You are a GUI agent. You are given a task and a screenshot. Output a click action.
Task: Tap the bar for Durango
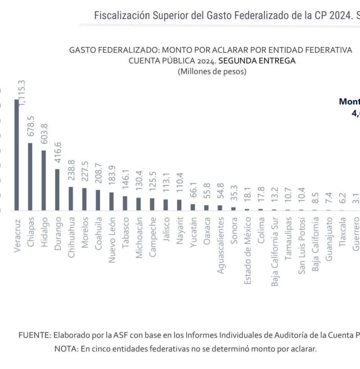(57, 190)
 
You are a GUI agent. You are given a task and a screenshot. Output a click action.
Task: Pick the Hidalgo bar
(44, 180)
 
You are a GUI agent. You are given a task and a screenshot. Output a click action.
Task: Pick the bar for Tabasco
(125, 203)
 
